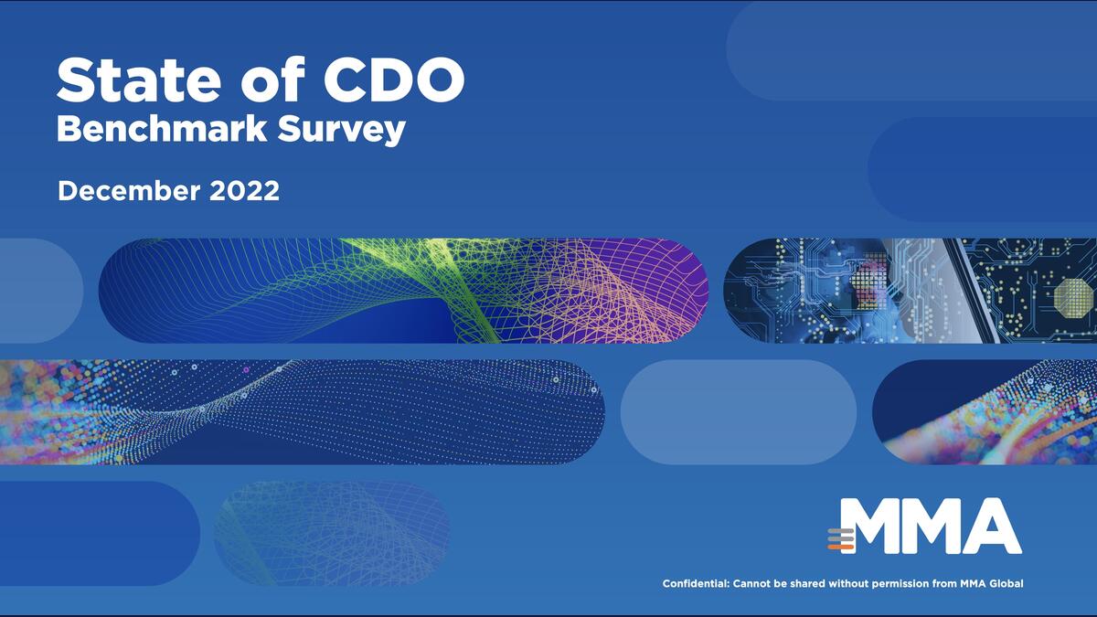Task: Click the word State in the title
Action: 139,80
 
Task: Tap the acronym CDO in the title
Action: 394,80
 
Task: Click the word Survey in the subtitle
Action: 342,131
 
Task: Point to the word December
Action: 129,190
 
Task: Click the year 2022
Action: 244,190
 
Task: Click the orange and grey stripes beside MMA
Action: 841,539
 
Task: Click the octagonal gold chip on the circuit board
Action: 1073,296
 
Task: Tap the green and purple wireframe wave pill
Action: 403,291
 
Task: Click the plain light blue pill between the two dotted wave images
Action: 739,412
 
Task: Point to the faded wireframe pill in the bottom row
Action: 332,533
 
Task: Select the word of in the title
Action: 272,80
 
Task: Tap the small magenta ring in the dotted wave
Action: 246,370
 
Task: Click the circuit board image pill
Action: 910,291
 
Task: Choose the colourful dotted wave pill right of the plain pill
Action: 985,412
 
